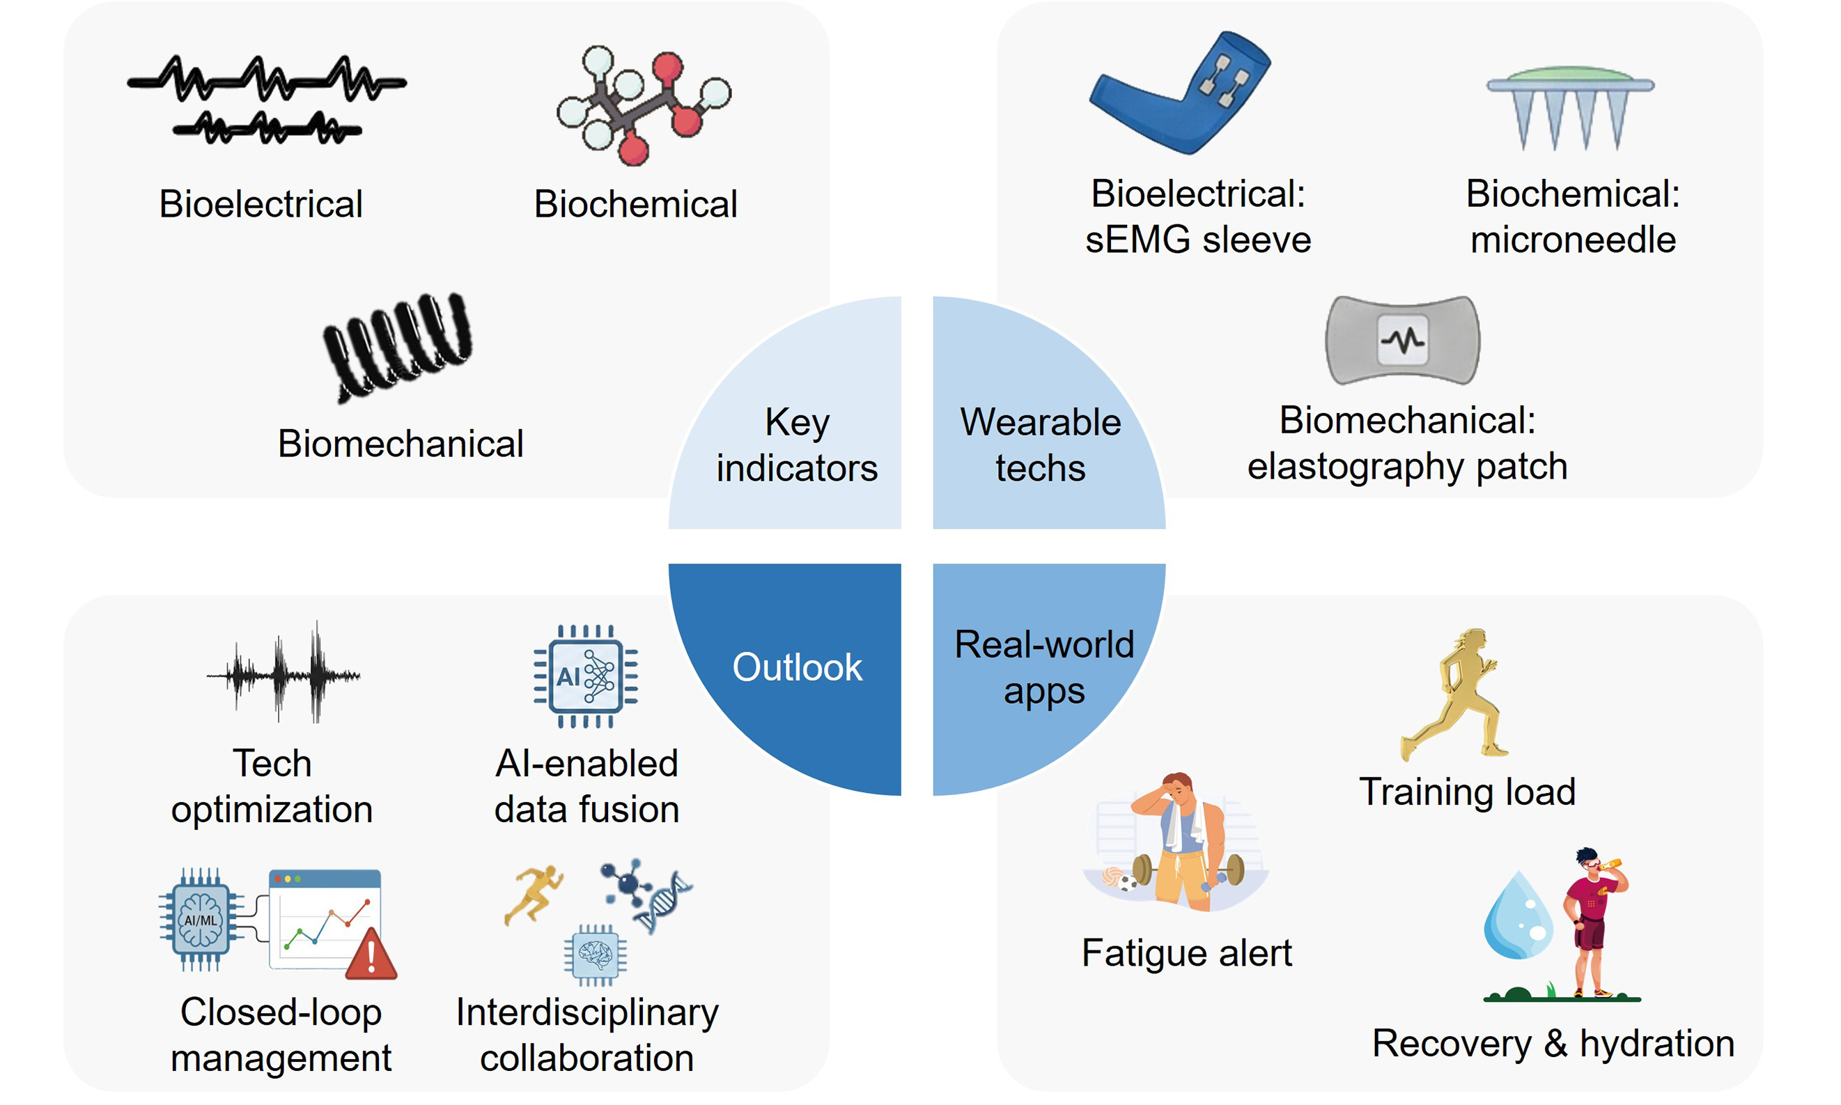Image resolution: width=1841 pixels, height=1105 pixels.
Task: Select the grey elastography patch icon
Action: [1403, 340]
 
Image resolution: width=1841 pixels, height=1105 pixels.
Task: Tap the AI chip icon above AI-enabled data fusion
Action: [586, 676]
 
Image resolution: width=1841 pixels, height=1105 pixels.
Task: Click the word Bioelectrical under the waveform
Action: [261, 204]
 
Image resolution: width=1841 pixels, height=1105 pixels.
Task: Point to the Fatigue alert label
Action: [1187, 953]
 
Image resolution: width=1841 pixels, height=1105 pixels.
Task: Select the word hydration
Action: [1656, 1044]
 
